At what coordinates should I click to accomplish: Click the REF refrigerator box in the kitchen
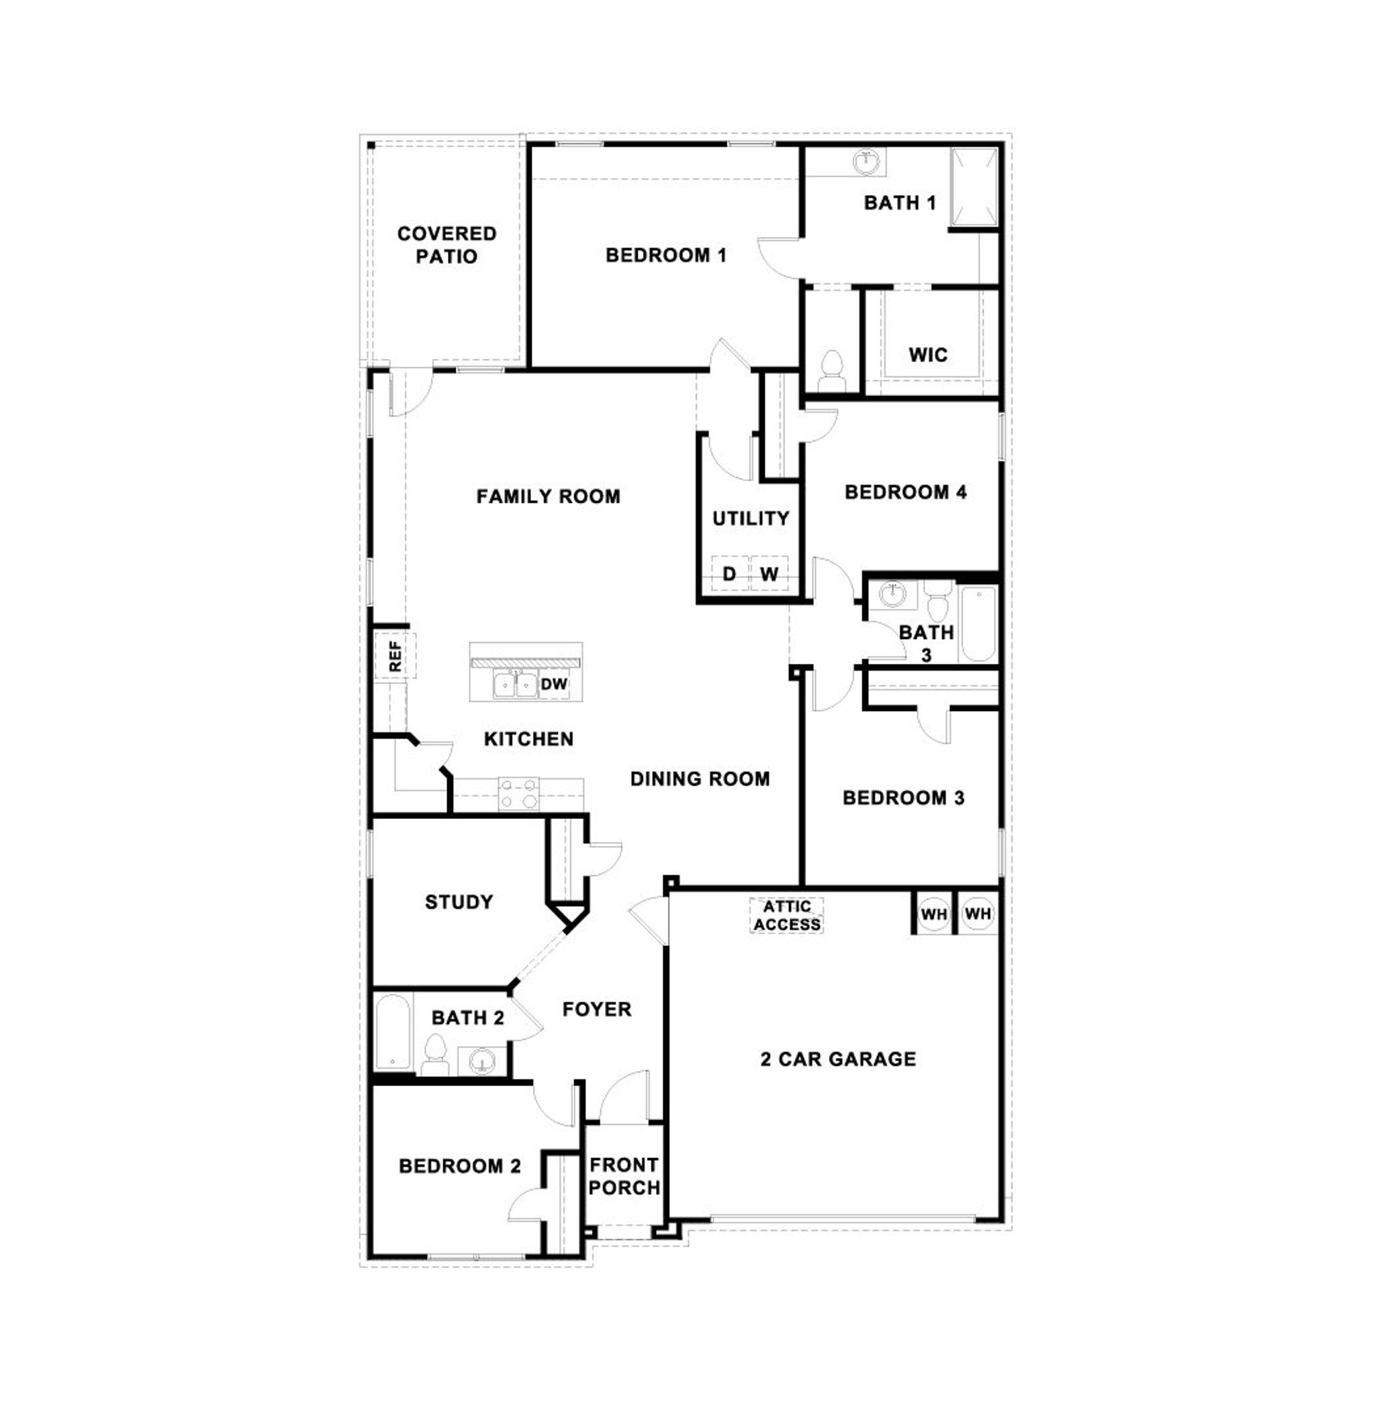[x=394, y=656]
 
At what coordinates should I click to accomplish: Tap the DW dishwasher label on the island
[x=554, y=684]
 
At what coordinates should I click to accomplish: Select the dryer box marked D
[x=729, y=573]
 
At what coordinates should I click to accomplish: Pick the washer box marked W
[x=769, y=573]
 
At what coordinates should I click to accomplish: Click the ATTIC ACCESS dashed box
[x=786, y=915]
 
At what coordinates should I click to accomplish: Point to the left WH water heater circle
[x=933, y=914]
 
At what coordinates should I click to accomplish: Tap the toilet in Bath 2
[x=435, y=1055]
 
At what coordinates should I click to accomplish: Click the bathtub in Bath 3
[x=978, y=623]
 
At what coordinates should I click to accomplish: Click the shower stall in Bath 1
[x=974, y=188]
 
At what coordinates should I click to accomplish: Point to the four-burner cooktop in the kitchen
[x=518, y=793]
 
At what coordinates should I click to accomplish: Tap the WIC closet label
[x=927, y=354]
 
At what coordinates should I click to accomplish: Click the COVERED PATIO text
[x=446, y=245]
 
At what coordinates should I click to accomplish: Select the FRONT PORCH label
[x=624, y=1176]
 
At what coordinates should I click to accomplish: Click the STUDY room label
[x=459, y=902]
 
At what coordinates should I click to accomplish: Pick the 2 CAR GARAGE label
[x=838, y=1059]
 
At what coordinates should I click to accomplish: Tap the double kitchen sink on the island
[x=515, y=684]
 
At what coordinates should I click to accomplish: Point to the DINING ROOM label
[x=699, y=779]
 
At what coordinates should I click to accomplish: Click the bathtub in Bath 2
[x=393, y=1032]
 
